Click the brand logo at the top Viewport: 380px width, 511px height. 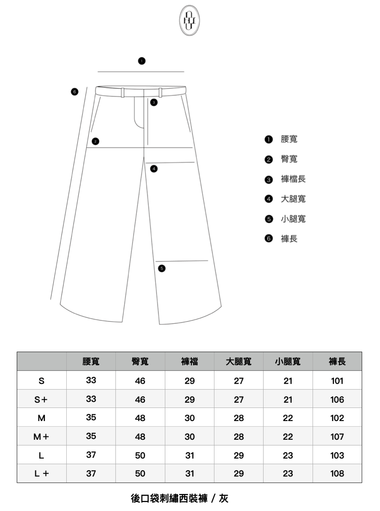(190, 21)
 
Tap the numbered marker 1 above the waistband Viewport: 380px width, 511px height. (142, 61)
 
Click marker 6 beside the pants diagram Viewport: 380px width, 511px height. (74, 92)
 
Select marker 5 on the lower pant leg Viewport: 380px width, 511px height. (162, 268)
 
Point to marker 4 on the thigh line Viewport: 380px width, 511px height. (154, 169)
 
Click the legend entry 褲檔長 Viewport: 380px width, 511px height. (293, 179)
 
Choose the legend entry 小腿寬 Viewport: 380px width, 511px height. (293, 219)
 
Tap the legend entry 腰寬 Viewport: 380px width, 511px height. (289, 139)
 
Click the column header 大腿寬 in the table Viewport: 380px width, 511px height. (238, 362)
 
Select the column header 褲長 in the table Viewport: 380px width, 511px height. (337, 362)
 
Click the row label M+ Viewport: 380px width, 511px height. (41, 437)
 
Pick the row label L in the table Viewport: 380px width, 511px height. (41, 456)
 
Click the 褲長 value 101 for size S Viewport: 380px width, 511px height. (337, 381)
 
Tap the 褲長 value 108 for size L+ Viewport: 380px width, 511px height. (337, 474)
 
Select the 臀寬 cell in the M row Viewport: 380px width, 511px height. (140, 418)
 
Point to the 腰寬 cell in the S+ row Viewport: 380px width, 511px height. (91, 399)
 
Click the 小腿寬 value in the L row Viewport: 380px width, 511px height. (288, 456)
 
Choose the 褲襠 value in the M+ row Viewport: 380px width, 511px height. (190, 437)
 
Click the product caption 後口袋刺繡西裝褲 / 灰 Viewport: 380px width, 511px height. (180, 498)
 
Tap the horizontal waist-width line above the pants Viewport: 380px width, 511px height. (141, 72)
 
